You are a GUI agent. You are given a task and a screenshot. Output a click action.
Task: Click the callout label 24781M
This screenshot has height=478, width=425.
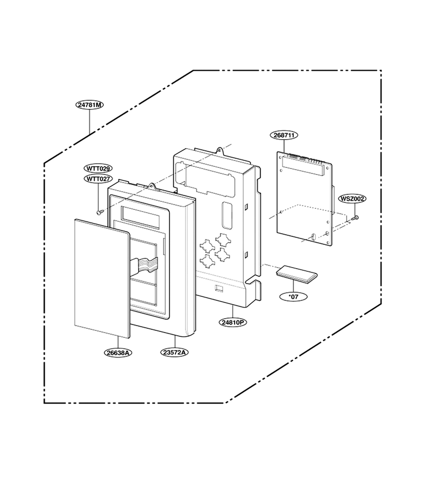89,105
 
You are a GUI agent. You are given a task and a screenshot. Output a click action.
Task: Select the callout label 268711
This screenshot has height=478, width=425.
284,135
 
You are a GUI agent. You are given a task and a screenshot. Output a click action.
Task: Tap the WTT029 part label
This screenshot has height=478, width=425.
98,168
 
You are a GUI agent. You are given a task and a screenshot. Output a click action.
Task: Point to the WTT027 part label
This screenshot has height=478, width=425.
98,179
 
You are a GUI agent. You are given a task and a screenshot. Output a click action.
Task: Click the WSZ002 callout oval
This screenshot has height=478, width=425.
352,199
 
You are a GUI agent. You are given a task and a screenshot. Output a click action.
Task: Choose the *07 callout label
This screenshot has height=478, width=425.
293,296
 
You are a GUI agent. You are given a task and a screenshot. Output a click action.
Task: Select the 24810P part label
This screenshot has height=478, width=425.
233,322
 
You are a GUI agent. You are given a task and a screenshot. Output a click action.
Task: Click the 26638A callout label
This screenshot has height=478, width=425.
118,353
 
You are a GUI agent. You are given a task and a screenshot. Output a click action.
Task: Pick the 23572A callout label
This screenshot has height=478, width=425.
174,353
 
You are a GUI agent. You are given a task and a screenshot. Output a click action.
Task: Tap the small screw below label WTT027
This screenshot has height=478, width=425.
99,212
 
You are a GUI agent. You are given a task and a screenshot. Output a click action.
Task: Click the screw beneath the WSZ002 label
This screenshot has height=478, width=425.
354,218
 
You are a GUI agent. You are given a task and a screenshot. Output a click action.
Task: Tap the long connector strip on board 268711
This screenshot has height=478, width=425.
302,165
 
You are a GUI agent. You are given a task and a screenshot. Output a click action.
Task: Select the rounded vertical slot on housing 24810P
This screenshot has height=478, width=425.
227,215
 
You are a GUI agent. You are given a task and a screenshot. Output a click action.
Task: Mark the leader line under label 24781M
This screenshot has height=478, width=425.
89,122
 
